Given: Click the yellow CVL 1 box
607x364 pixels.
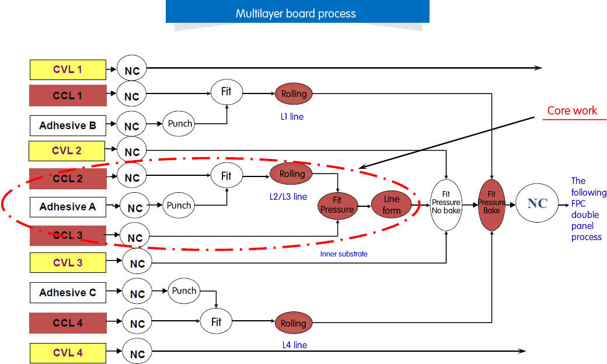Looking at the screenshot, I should [68, 70].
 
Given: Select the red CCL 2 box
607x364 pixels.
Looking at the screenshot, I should [68, 178].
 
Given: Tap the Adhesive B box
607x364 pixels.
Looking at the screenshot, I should [68, 126].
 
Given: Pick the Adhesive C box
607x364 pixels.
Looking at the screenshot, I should [68, 293].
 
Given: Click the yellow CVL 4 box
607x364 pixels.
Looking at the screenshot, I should [68, 353].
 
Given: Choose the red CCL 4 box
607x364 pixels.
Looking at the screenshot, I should [68, 323].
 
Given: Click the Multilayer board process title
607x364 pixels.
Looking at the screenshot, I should [296, 13].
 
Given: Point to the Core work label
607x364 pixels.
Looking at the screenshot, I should [572, 111].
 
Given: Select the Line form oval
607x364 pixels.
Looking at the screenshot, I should [392, 204].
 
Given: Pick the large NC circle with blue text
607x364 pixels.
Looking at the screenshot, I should [538, 204].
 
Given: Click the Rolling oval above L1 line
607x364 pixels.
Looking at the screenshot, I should [294, 93].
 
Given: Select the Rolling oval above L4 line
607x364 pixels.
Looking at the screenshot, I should [293, 323].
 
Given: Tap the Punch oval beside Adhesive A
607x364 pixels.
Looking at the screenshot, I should [179, 206].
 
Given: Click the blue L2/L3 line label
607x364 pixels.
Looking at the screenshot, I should [284, 197].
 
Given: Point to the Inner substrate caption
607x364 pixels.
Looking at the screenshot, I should [344, 254].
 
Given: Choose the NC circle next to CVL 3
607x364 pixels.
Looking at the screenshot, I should [137, 264].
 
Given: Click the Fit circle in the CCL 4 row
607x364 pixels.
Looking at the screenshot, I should [216, 322].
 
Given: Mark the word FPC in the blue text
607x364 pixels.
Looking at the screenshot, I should [579, 203].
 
